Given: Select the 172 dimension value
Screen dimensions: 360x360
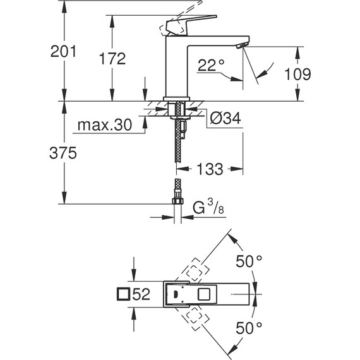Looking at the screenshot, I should (113, 59).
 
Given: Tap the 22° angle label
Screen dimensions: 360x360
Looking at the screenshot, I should (211, 64).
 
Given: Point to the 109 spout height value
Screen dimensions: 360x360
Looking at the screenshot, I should (297, 74).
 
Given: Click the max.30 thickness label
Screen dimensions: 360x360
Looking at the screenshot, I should (104, 126).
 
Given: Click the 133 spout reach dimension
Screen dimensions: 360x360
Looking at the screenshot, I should (210, 169).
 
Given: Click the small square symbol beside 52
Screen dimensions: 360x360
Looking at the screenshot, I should (124, 294).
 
